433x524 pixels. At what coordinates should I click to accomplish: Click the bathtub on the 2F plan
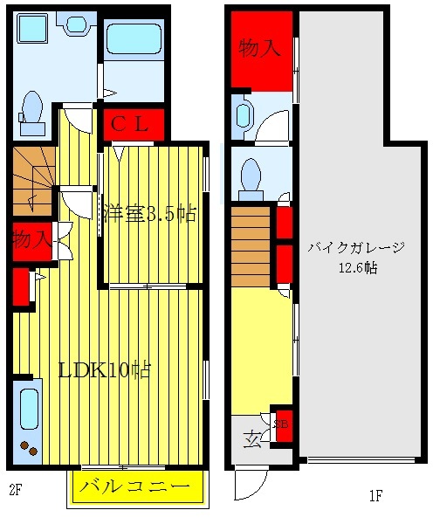pyautogui.click(x=133, y=38)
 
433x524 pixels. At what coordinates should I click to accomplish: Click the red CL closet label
pyautogui.click(x=134, y=124)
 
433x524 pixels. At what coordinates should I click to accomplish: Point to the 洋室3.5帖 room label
pyautogui.click(x=149, y=214)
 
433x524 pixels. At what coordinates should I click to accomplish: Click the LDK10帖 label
pyautogui.click(x=104, y=369)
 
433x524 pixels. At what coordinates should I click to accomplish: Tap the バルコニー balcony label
pyautogui.click(x=134, y=486)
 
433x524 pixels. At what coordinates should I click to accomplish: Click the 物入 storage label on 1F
pyautogui.click(x=260, y=48)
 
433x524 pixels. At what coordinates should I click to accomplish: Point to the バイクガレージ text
pyautogui.click(x=356, y=248)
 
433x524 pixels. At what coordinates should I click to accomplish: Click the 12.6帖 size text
pyautogui.click(x=358, y=268)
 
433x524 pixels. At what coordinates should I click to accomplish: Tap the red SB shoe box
pyautogui.click(x=281, y=424)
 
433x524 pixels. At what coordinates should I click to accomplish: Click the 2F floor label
pyautogui.click(x=14, y=489)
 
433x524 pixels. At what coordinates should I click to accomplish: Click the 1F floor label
pyautogui.click(x=375, y=496)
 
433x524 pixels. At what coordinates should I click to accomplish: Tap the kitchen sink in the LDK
pyautogui.click(x=28, y=411)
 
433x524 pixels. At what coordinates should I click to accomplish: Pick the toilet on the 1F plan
pyautogui.click(x=251, y=174)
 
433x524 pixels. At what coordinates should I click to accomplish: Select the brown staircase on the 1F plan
pyautogui.click(x=251, y=245)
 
